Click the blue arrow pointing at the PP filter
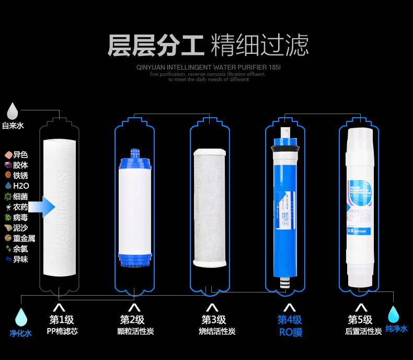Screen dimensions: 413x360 coord(42,207)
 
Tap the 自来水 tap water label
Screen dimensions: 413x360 coord(13,126)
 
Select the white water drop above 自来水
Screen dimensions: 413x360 coord(13,110)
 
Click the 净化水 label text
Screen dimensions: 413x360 coord(20,333)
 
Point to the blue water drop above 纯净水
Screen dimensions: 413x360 coord(393,314)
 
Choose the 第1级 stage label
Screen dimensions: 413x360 coord(62,319)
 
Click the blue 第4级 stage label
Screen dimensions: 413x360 coord(290,319)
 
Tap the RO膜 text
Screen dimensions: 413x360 coord(290,332)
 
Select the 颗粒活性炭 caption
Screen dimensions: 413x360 coord(135,331)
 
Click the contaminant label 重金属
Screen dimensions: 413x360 coord(24,238)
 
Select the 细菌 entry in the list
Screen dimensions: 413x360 coord(20,196)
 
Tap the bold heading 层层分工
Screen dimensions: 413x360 coord(155,46)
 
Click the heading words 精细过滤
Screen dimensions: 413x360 coord(259,46)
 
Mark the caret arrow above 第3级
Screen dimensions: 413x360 coord(212,308)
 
